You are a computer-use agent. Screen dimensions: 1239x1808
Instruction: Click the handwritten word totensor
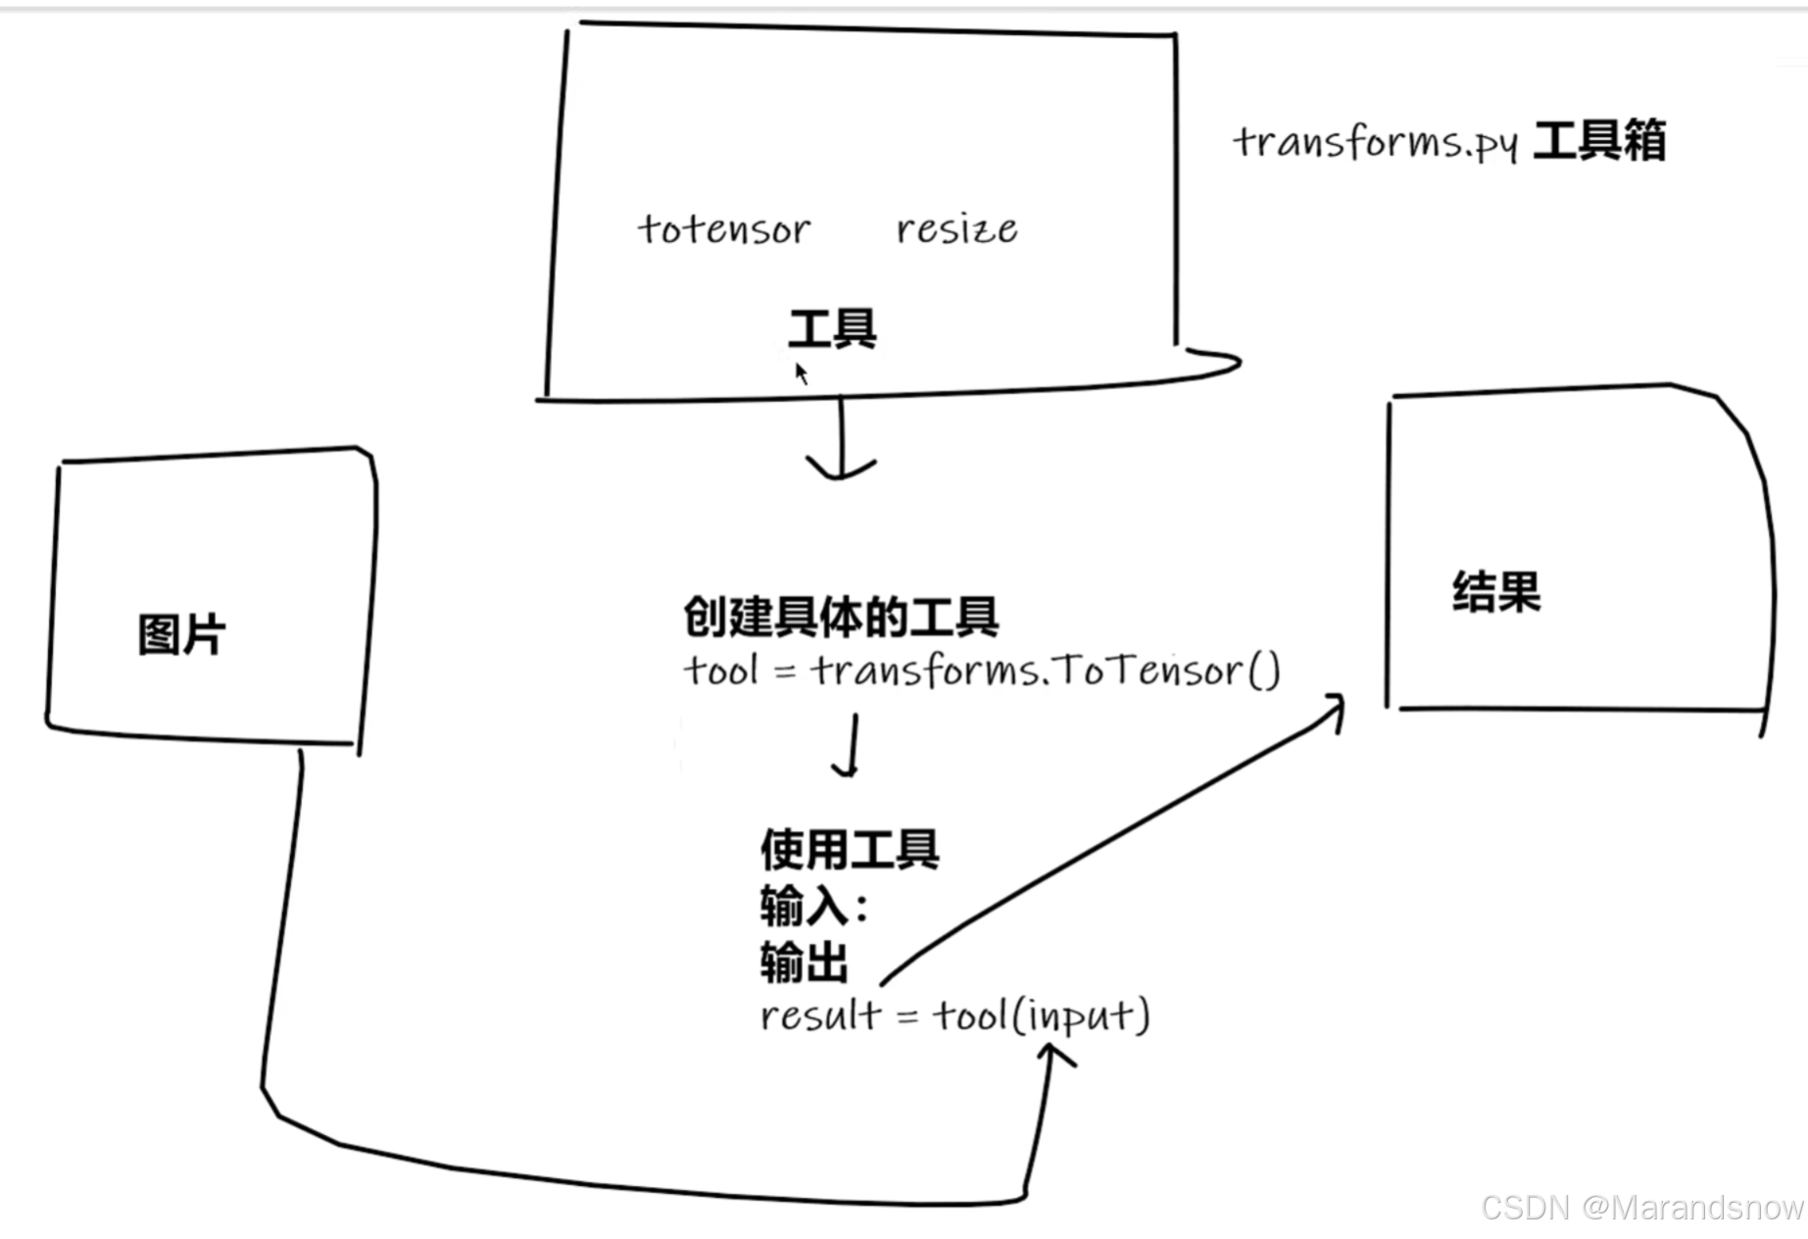click(x=724, y=229)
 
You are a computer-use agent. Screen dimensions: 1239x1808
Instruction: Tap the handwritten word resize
click(x=956, y=229)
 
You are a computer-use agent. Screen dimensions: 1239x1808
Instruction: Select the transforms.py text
click(x=1375, y=143)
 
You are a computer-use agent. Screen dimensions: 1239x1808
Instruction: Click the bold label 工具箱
click(x=1599, y=141)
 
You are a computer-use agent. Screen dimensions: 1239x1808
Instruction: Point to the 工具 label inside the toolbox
click(x=832, y=328)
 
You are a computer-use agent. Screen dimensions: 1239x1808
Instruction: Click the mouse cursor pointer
click(x=801, y=372)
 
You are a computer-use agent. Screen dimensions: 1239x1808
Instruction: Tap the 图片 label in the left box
click(x=181, y=634)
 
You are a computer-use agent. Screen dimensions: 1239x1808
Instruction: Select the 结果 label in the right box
click(x=1496, y=592)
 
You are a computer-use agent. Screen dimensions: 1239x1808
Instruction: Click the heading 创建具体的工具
click(x=841, y=617)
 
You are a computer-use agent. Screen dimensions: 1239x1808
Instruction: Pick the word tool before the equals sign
click(x=721, y=671)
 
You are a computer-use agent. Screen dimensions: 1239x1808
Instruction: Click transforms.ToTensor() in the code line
click(x=1046, y=671)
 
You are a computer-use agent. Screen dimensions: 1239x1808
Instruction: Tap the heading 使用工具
click(x=850, y=849)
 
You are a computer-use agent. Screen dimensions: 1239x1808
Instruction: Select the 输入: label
click(x=813, y=906)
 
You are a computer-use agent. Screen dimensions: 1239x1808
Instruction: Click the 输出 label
click(x=804, y=962)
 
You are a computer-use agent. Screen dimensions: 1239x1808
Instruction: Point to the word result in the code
click(x=820, y=1016)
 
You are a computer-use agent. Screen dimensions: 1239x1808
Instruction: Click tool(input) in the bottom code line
click(x=1041, y=1016)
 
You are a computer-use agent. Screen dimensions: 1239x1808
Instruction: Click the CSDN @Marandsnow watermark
click(x=1641, y=1208)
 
